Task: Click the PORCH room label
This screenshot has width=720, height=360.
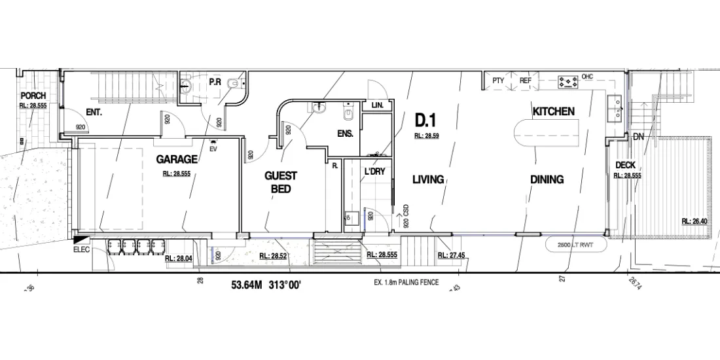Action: click(33, 96)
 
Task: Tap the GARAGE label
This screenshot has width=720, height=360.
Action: click(177, 159)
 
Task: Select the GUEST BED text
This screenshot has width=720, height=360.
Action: click(281, 182)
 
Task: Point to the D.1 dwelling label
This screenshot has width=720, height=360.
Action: click(426, 119)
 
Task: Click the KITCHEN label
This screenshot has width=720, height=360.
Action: click(553, 111)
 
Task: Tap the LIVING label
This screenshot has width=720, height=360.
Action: click(428, 179)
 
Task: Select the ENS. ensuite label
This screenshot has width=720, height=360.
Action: click(345, 134)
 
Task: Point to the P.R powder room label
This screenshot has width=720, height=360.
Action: click(214, 82)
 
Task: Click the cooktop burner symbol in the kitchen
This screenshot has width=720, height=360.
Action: click(568, 82)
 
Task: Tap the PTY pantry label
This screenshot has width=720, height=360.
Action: click(498, 81)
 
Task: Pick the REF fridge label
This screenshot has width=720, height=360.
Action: click(525, 81)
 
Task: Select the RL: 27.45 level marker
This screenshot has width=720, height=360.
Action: click(452, 255)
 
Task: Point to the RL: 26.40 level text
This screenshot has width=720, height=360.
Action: click(694, 221)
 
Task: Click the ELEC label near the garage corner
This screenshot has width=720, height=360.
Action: click(81, 249)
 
